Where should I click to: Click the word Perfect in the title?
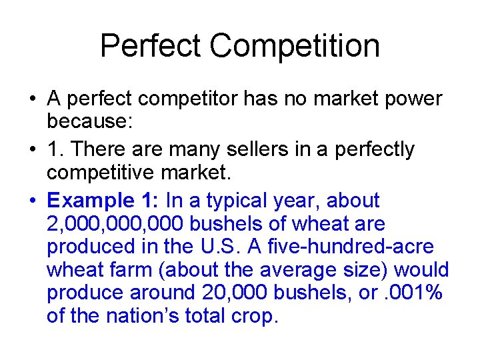click(151, 46)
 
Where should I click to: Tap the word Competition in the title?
click(295, 46)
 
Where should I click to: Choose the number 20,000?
click(231, 292)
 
